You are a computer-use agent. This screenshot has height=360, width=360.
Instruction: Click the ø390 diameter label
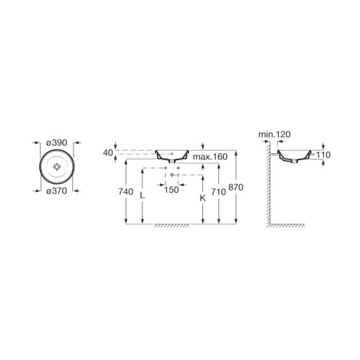click(57, 142)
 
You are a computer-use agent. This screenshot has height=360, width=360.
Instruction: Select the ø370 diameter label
click(57, 191)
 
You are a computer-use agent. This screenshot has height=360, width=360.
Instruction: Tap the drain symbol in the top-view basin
click(57, 167)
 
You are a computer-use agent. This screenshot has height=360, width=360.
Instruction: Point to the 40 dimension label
click(108, 152)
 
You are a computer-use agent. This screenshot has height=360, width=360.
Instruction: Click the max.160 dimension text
click(210, 156)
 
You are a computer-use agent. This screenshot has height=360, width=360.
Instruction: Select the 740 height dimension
click(126, 191)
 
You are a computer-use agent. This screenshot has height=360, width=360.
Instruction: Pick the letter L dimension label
click(142, 195)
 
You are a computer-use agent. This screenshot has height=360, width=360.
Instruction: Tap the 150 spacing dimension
click(172, 190)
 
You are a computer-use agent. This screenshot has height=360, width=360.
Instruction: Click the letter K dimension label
click(202, 198)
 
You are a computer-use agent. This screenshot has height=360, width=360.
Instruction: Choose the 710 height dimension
click(218, 191)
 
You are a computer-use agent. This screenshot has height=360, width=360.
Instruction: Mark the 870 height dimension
click(236, 187)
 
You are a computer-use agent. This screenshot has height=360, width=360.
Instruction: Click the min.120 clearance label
click(274, 134)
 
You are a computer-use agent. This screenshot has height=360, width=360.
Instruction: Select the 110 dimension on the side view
click(323, 155)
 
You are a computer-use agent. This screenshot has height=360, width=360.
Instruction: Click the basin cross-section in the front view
click(172, 156)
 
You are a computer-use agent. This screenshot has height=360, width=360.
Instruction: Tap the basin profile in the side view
click(293, 156)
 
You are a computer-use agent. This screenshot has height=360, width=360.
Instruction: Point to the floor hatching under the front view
click(172, 226)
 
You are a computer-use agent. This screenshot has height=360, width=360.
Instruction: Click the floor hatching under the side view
click(286, 226)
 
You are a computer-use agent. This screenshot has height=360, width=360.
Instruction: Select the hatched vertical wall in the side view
click(268, 183)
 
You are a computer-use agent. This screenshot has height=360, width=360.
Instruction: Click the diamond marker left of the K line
click(172, 175)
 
